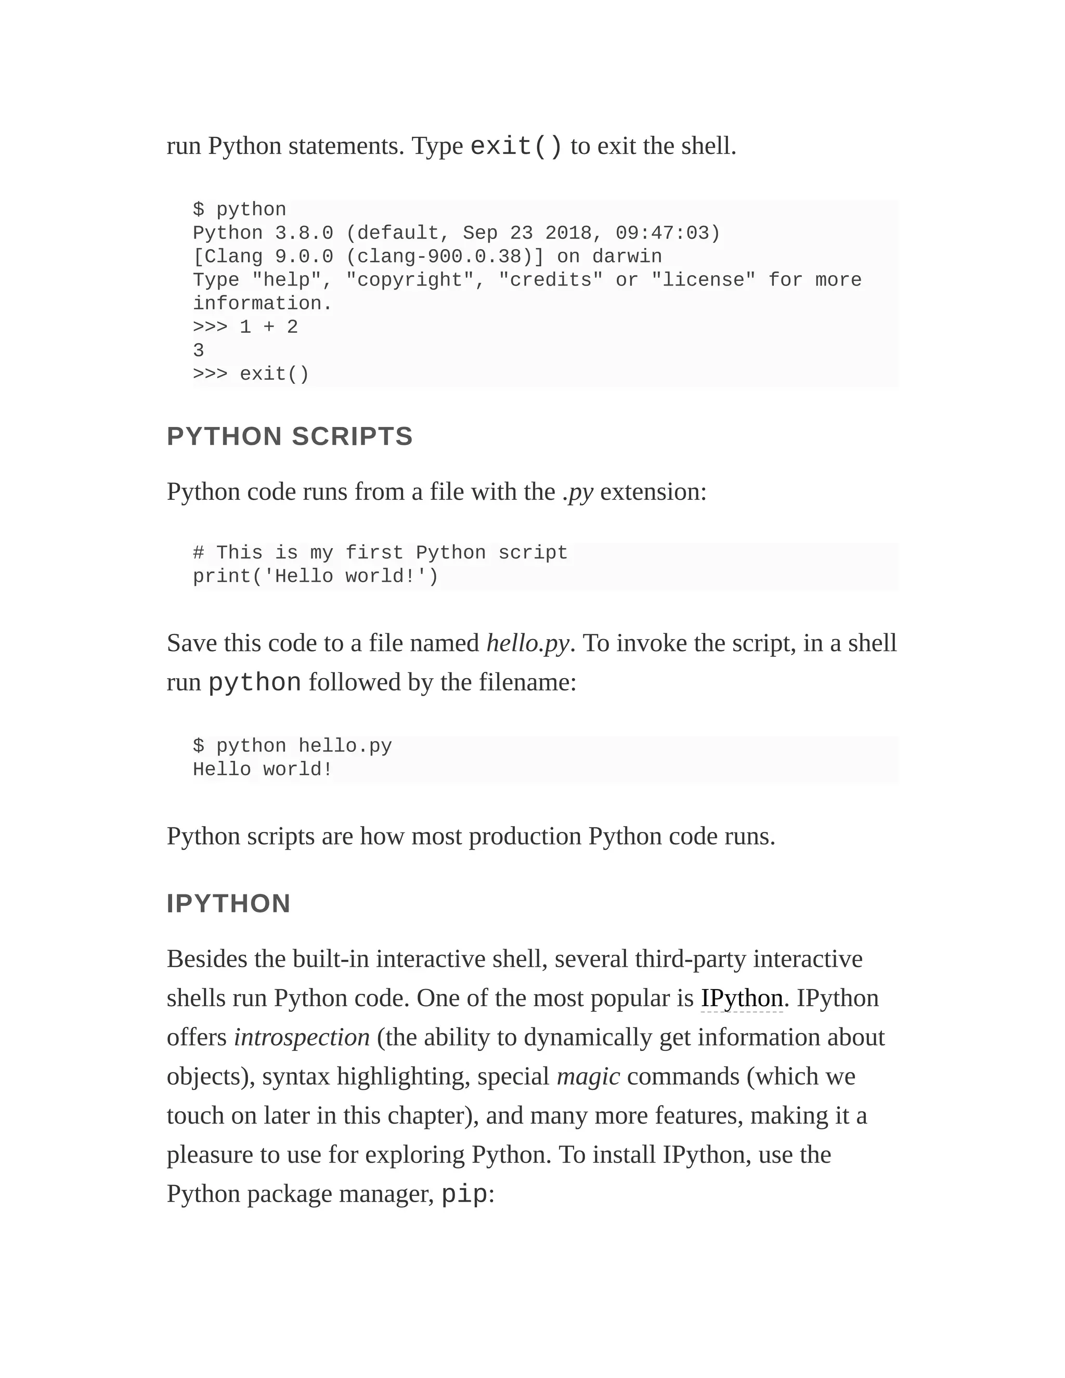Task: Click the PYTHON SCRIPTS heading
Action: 290,437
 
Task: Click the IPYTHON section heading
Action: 228,904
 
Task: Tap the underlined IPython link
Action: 742,998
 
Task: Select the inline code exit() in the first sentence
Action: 516,147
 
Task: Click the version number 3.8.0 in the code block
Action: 304,233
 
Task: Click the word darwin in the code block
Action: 627,257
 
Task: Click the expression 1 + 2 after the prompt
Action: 269,328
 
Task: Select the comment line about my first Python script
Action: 380,553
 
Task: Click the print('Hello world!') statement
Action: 316,576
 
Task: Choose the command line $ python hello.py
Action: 292,746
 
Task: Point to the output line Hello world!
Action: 263,770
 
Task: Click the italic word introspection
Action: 302,1037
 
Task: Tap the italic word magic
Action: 588,1076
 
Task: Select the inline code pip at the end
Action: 464,1194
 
